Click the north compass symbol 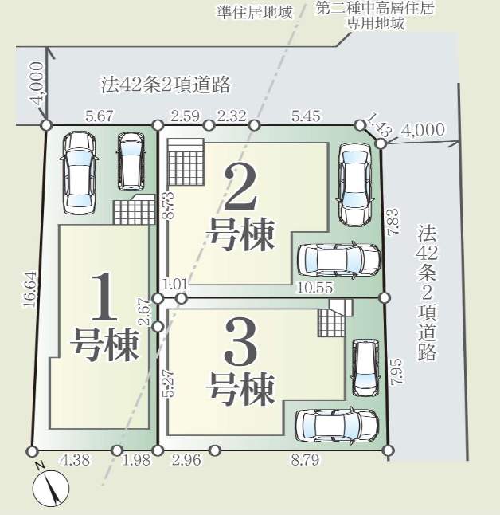pyautogui.click(x=51, y=487)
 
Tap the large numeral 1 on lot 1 pyautogui.click(x=104, y=297)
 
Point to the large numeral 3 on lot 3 pyautogui.click(x=240, y=342)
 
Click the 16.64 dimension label pyautogui.click(x=30, y=289)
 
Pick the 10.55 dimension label pyautogui.click(x=315, y=288)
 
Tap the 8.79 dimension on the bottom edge pyautogui.click(x=305, y=460)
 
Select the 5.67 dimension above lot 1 pyautogui.click(x=99, y=116)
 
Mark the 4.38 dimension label pyautogui.click(x=75, y=460)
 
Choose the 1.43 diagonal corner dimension pyautogui.click(x=379, y=124)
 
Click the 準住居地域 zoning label pyautogui.click(x=254, y=13)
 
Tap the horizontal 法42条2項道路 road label pyautogui.click(x=166, y=85)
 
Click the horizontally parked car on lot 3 pyautogui.click(x=337, y=426)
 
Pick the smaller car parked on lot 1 pyautogui.click(x=131, y=161)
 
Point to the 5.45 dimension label pyautogui.click(x=306, y=116)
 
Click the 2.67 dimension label pyautogui.click(x=145, y=311)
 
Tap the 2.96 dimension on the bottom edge pyautogui.click(x=186, y=460)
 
